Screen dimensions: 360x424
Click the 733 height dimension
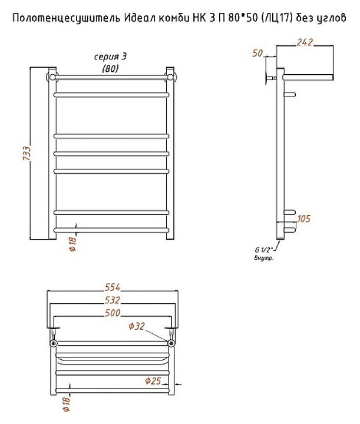tap(27, 154)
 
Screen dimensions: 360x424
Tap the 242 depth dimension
tap(305, 42)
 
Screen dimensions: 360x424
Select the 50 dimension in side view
tap(257, 53)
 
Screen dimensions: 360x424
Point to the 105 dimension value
tap(304, 218)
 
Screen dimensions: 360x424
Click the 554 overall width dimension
tap(113, 287)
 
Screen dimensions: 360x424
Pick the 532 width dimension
tap(113, 300)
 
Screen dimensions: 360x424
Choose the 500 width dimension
tap(113, 313)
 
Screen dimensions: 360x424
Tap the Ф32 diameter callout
tap(137, 326)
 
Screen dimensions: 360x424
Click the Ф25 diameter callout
tap(153, 381)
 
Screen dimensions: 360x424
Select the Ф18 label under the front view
tap(72, 244)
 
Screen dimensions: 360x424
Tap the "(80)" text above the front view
tap(110, 69)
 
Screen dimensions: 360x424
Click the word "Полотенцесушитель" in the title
tap(66, 18)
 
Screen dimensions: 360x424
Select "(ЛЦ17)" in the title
tap(277, 18)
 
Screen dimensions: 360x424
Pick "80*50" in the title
tap(243, 18)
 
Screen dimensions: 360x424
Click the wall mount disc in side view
tap(266, 78)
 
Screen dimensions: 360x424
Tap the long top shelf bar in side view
tap(308, 77)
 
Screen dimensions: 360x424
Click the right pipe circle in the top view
tap(171, 343)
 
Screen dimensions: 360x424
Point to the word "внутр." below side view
tap(264, 258)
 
